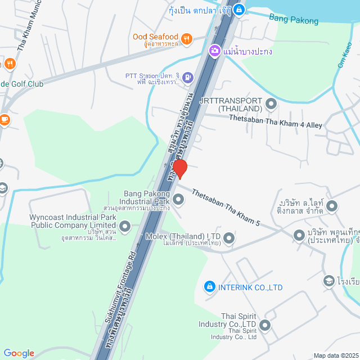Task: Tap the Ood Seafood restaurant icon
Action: click(187, 38)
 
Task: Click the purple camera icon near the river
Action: click(214, 51)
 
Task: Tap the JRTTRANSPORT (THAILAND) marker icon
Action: click(271, 103)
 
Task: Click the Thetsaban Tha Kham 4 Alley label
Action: click(276, 121)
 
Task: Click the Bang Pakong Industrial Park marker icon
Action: click(178, 199)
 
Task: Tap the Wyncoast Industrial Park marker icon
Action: click(125, 227)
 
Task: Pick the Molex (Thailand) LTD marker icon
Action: click(229, 239)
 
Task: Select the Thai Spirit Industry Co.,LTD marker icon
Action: click(265, 325)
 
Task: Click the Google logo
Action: click(19, 353)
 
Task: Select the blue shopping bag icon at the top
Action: click(239, 9)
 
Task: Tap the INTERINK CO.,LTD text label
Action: click(251, 287)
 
